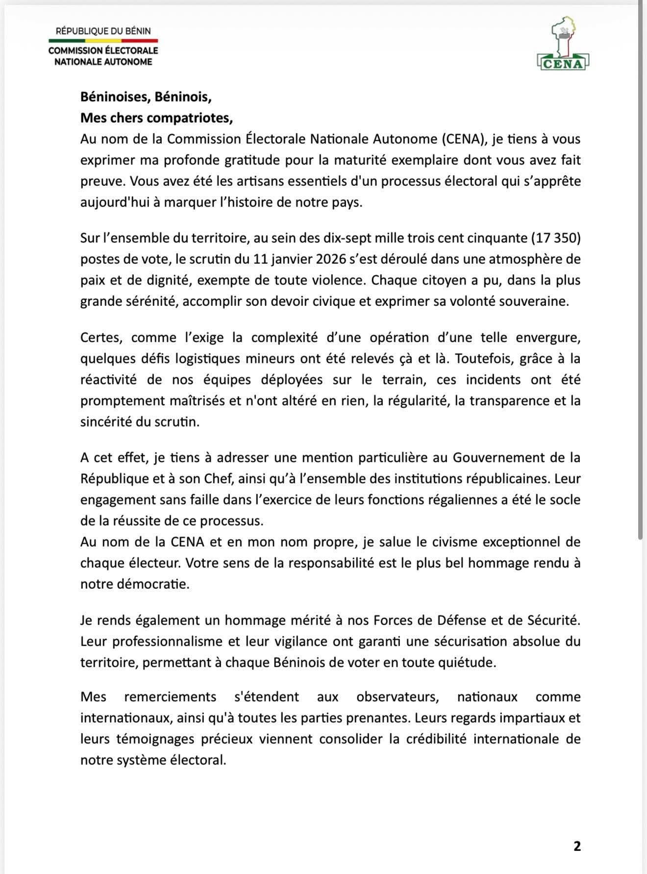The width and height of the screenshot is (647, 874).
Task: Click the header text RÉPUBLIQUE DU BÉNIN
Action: [x=103, y=31]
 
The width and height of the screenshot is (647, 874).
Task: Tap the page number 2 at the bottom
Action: [x=577, y=847]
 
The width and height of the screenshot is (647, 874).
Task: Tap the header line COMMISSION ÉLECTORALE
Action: [x=103, y=51]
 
